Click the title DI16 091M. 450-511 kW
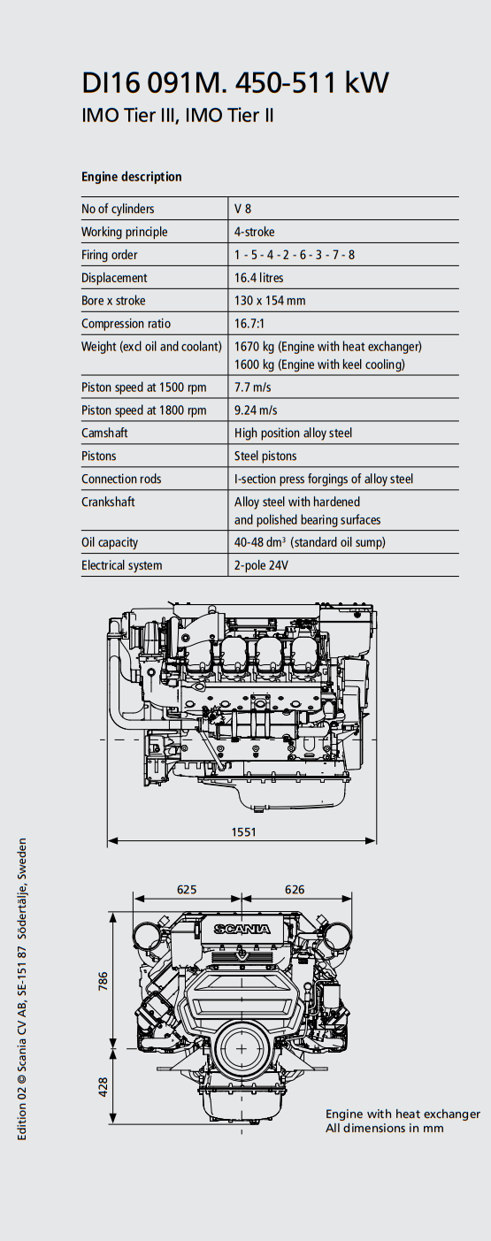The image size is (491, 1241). tap(235, 83)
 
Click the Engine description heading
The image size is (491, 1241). tap(131, 177)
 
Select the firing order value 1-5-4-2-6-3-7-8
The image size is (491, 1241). tap(295, 255)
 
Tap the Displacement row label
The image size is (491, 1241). tap(114, 278)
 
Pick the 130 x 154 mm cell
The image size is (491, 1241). tap(270, 301)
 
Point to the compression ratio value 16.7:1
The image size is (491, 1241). tap(249, 324)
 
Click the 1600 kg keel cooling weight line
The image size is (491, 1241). tap(319, 364)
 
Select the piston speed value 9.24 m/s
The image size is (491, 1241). tap(256, 410)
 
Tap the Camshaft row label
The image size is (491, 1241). tap(104, 433)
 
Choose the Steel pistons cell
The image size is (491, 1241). tap(265, 456)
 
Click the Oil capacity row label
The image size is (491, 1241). tap(110, 542)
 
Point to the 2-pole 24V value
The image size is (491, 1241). tap(261, 565)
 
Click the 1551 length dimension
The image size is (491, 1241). tap(244, 831)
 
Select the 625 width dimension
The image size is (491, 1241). tap(187, 889)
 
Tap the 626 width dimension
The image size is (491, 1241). tap(295, 889)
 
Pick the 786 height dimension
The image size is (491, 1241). tap(104, 981)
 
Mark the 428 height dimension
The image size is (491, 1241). tap(104, 1087)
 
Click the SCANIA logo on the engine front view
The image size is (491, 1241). tap(242, 929)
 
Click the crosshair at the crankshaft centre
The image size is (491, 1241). tap(242, 1049)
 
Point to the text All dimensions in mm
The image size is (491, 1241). tap(385, 1128)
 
